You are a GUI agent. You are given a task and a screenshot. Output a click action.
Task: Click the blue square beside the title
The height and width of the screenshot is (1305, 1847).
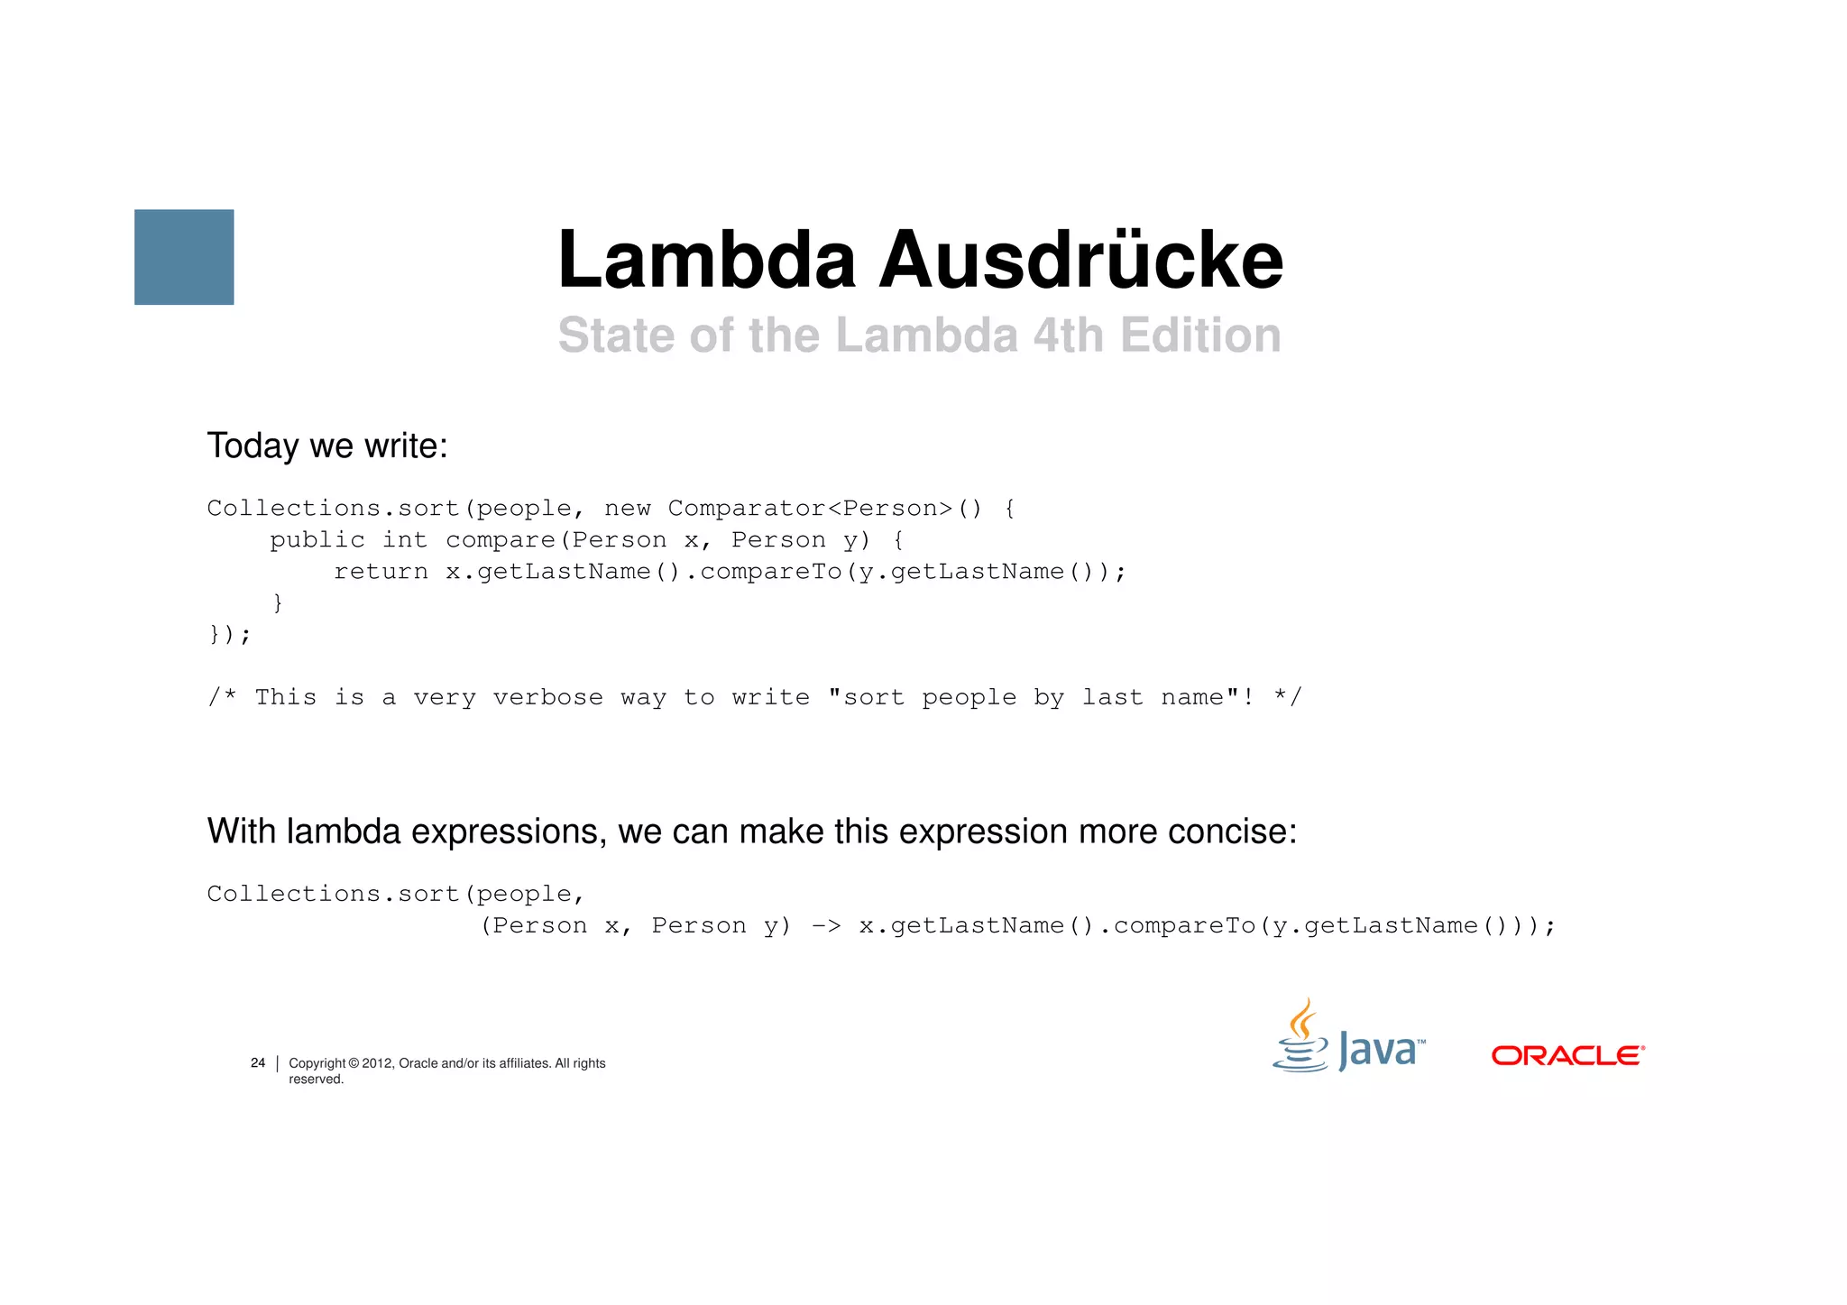point(184,257)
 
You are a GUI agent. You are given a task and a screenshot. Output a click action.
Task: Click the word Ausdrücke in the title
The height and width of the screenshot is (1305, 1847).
point(1080,260)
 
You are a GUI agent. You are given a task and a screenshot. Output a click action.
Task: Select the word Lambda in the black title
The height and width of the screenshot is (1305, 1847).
point(706,260)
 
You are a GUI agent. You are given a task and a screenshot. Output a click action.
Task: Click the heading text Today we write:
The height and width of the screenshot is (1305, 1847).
point(327,446)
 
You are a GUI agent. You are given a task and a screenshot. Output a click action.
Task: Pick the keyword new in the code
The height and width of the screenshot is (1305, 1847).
point(627,509)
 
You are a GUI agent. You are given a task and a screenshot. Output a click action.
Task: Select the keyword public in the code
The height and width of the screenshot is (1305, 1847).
point(317,540)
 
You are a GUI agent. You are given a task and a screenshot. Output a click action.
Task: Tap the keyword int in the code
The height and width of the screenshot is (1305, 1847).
point(404,540)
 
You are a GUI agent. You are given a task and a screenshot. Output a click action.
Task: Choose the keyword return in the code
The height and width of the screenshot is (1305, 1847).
point(381,572)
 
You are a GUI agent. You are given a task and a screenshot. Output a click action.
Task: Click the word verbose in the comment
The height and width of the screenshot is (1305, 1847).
point(547,698)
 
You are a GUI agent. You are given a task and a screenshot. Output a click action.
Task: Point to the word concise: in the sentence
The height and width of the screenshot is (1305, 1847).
point(1232,832)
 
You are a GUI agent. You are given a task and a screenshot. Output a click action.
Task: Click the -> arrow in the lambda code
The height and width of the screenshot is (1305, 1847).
point(826,926)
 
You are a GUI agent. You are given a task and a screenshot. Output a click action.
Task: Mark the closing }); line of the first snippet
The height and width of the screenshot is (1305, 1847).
point(229,635)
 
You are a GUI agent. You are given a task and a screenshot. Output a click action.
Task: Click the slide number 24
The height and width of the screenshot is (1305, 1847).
point(258,1063)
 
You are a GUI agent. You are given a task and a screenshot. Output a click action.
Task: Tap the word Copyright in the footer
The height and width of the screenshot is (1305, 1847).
point(317,1064)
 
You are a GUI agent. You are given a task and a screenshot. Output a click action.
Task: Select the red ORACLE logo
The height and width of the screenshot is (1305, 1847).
point(1567,1055)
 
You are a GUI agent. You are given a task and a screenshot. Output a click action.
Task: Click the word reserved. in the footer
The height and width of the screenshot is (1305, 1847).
point(316,1080)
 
